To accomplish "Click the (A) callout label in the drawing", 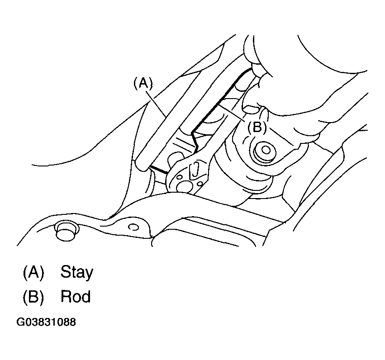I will (143, 83).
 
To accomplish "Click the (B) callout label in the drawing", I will (257, 128).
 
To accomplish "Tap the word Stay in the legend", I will (76, 273).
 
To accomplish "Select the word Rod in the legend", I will (76, 297).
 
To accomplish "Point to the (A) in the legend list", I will (33, 273).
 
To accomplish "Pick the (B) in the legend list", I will (33, 297).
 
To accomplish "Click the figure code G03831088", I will (46, 322).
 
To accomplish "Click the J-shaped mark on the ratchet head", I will (195, 171).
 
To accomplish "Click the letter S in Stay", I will (64, 273).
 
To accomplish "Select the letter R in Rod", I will (65, 297).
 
